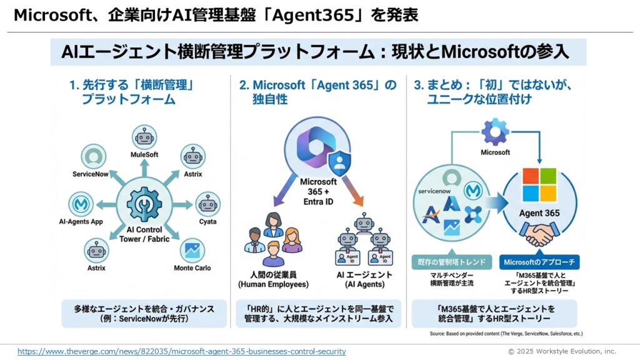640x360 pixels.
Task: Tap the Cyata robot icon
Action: [x=207, y=204]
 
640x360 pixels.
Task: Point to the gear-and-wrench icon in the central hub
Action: [x=144, y=204]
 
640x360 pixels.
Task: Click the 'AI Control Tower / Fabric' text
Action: [x=144, y=233]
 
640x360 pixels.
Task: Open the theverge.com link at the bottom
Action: [x=181, y=351]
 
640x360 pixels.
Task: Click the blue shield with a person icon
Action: [x=340, y=161]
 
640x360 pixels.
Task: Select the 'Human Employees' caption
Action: [x=273, y=279]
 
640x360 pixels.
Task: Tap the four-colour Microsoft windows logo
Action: [x=539, y=185]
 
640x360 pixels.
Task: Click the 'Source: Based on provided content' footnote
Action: [x=506, y=334]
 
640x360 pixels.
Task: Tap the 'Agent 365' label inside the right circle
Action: [x=539, y=213]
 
